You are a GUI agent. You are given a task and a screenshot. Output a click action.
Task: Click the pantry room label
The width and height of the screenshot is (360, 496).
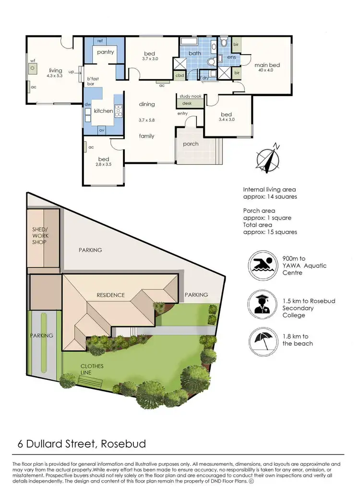[x=105, y=52]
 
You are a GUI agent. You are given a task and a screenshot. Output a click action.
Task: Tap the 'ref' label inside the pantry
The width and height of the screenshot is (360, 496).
[x=100, y=41]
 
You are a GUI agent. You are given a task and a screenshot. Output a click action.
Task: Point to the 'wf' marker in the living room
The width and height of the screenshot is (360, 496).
[x=33, y=61]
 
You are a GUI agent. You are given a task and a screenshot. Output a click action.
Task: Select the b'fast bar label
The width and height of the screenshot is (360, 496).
[x=91, y=81]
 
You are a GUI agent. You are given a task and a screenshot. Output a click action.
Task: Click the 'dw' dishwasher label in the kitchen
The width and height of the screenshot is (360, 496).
[x=88, y=104]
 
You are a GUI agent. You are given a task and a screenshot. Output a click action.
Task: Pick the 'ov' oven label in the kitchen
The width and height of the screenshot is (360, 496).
[x=101, y=130]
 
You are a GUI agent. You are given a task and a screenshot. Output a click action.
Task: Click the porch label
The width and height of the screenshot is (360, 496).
[x=191, y=144]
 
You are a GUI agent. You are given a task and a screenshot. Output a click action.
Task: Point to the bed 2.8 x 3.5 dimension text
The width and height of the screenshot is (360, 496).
[x=104, y=164]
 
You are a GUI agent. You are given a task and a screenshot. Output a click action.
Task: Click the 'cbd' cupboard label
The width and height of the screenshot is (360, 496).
[x=180, y=75]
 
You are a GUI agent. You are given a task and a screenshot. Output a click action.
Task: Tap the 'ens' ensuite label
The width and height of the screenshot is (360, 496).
[x=231, y=57]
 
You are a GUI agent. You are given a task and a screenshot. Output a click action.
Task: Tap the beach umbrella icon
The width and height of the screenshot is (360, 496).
[x=262, y=340]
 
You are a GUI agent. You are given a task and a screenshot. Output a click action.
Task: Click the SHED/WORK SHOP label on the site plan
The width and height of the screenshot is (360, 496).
[x=40, y=236]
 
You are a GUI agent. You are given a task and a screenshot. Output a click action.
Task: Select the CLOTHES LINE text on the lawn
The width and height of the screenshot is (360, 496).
[x=92, y=369]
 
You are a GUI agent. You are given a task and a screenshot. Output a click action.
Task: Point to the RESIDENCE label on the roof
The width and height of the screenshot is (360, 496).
[x=110, y=295]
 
